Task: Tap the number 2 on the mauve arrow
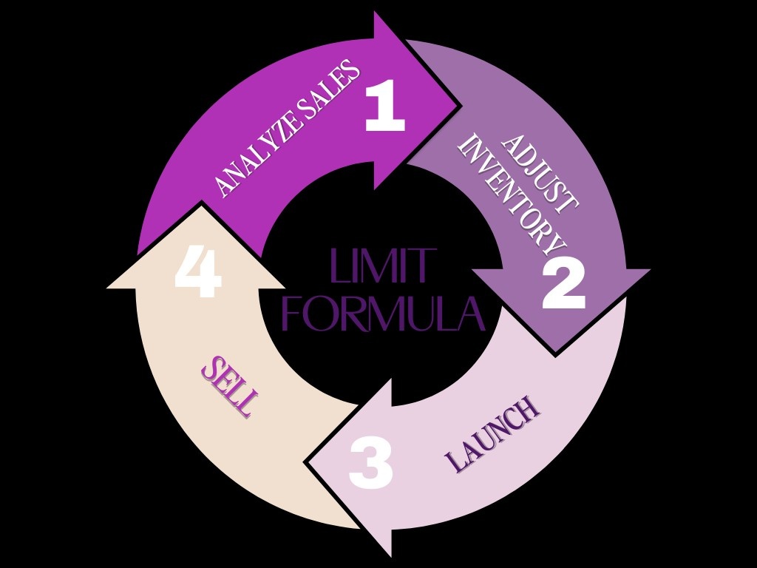coord(563,285)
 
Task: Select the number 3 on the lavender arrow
coord(370,463)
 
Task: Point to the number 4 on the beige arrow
coord(198,274)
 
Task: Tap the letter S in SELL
coord(211,367)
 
